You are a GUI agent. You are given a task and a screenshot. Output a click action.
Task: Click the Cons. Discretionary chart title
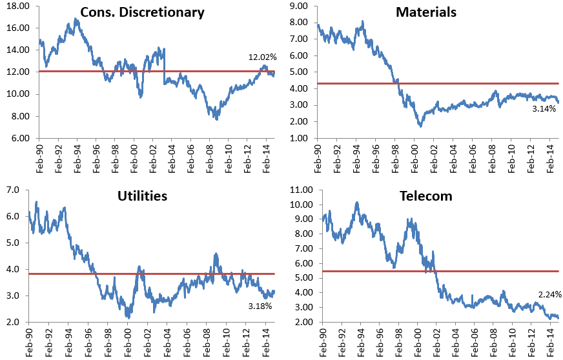142,12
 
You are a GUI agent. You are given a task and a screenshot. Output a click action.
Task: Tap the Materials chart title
426,12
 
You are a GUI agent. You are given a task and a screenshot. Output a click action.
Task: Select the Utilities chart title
142,196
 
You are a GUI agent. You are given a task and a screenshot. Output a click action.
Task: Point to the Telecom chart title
426,196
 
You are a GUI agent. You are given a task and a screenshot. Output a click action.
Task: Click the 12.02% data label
263,57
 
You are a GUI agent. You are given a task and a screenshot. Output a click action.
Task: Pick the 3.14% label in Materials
544,109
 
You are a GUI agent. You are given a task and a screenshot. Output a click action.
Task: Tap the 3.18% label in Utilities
260,306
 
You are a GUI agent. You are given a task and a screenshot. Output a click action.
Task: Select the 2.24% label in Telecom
549,295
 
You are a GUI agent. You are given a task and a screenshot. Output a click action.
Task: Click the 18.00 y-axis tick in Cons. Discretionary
18,6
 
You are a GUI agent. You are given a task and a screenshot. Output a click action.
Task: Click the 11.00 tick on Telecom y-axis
302,190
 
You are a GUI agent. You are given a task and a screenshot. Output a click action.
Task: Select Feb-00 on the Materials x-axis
415,159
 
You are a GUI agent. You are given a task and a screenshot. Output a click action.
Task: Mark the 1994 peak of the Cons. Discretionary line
75,19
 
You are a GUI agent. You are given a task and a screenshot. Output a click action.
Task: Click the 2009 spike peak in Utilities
216,254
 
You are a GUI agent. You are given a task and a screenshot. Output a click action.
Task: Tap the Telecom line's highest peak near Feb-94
357,203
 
